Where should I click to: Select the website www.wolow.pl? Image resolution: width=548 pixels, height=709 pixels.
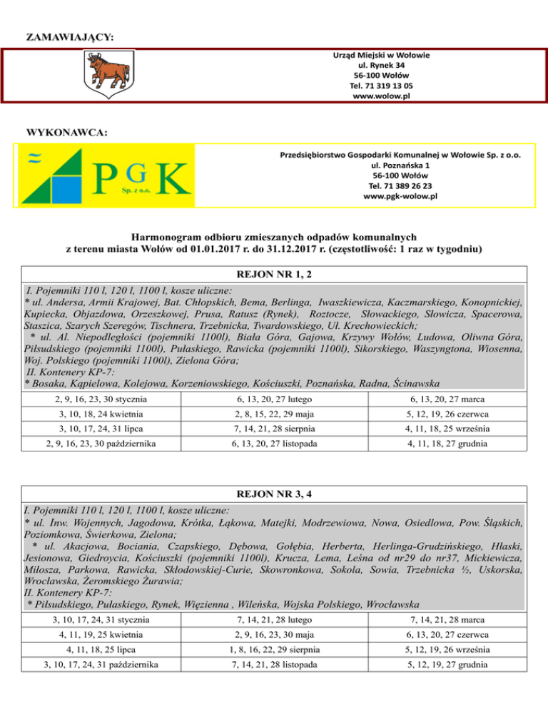tap(382, 96)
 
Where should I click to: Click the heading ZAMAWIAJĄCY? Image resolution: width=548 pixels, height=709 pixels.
tap(71, 35)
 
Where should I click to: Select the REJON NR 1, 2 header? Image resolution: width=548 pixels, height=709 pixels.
tap(274, 275)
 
